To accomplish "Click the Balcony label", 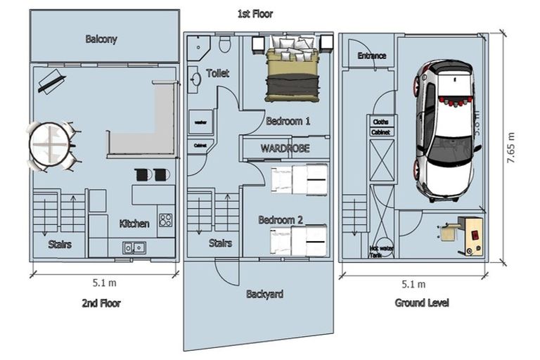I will pos(101,39).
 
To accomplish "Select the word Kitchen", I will pos(134,224).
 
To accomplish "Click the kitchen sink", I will pos(134,247).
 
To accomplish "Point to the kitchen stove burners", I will pos(166,220).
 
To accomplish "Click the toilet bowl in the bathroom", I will pos(224,46).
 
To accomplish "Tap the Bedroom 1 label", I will pos(288,121).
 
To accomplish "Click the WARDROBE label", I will pos(285,149).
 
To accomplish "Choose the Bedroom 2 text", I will pos(281,220).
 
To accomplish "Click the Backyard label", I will pos(264,294).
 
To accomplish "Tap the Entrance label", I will pos(372,56).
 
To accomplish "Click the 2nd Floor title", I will pos(101,304).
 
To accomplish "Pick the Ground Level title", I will pos(422,303).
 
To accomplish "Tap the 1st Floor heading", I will pos(255,13).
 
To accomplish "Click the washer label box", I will pos(199,122).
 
